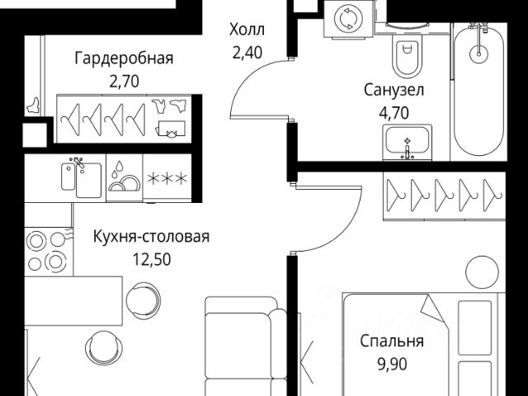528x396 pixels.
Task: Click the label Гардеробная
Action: click(124, 59)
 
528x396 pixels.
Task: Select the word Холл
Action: click(247, 31)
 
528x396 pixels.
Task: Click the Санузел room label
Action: click(394, 90)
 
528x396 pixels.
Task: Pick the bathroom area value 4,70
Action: click(394, 111)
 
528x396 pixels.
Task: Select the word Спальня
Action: click(392, 341)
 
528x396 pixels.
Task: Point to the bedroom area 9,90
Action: click(392, 362)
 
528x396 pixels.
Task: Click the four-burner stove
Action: click(48, 252)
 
